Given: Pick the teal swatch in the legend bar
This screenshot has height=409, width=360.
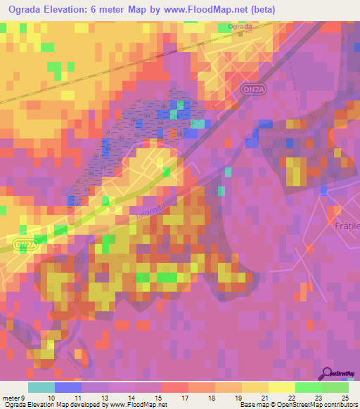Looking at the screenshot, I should (41, 387).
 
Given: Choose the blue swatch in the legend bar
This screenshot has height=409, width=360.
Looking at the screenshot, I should (67, 387).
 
